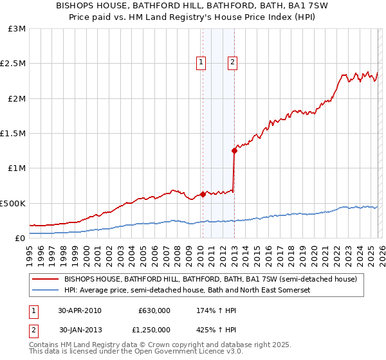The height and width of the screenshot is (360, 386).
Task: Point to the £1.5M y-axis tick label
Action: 14,134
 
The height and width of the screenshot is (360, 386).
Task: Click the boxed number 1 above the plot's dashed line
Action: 201,62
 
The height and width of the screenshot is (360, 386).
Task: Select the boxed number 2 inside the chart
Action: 232,62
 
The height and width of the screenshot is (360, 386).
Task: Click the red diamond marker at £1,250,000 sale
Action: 234,150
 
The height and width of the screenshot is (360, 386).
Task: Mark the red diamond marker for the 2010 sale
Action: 203,194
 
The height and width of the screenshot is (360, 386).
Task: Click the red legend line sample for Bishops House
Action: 46,280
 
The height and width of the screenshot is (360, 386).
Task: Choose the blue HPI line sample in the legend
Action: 46,291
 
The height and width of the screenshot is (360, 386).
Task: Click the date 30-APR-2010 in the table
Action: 79,310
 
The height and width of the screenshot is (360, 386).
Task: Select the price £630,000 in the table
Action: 154,310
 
